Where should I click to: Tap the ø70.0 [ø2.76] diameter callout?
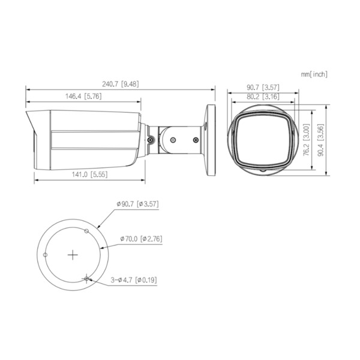[141, 238]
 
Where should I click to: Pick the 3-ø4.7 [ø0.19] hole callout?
[134, 280]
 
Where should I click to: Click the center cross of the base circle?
[73, 254]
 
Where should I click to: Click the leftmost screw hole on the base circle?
[46, 254]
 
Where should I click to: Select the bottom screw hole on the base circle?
[88, 278]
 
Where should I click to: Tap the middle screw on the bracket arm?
[173, 140]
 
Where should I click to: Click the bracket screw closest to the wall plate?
[196, 139]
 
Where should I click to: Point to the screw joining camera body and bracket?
[149, 140]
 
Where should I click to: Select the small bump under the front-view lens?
[262, 171]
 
